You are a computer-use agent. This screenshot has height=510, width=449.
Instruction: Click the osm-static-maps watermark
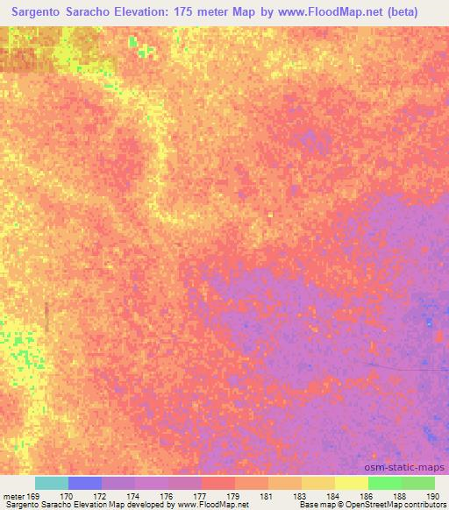point(412,468)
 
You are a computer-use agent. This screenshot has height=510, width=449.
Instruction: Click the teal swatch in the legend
point(51,483)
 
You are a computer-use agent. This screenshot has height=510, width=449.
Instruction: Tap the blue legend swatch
point(84,483)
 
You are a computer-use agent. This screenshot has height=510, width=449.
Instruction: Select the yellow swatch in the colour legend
point(351,483)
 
